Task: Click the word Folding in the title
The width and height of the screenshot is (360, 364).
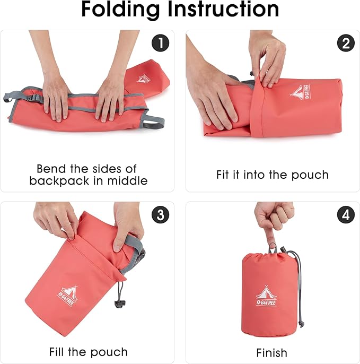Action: (x=120, y=10)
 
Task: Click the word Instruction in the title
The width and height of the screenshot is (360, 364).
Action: (x=223, y=9)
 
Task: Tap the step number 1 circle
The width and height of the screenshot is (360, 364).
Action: (x=160, y=43)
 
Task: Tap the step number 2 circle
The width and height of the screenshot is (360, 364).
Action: (x=346, y=43)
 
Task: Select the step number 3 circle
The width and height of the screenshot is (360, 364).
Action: (x=160, y=215)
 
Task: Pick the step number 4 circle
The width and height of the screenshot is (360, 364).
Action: (x=346, y=215)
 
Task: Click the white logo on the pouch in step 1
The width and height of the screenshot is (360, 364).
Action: (x=143, y=79)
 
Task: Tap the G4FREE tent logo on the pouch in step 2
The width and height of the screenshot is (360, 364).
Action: (x=300, y=92)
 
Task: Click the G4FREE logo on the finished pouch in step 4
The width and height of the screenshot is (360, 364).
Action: (x=267, y=296)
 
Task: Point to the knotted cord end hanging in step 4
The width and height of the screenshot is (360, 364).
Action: (x=301, y=324)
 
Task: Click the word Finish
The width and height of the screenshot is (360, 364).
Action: (x=271, y=353)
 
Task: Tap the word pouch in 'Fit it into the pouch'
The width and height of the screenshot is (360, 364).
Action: (x=310, y=175)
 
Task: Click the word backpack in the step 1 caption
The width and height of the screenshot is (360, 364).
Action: (x=59, y=180)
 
